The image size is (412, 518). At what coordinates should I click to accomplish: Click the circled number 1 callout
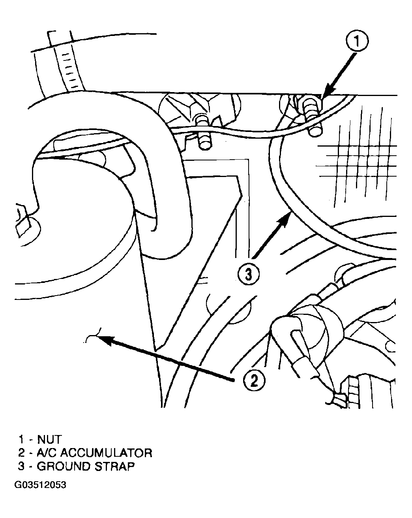[x=357, y=41]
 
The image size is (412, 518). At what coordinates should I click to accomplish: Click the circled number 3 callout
[x=249, y=274]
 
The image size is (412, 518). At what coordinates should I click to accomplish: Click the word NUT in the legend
[x=49, y=439]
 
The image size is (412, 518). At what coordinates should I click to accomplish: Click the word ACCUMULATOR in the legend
[x=106, y=453]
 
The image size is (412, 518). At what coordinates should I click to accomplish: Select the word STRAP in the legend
[x=114, y=466]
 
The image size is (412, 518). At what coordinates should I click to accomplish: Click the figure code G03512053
[x=40, y=485]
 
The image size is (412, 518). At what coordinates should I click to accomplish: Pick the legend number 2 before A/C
[x=21, y=453]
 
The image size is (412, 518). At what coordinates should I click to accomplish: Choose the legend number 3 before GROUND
[x=21, y=466]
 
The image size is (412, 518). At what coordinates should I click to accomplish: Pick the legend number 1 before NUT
[x=21, y=439]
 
